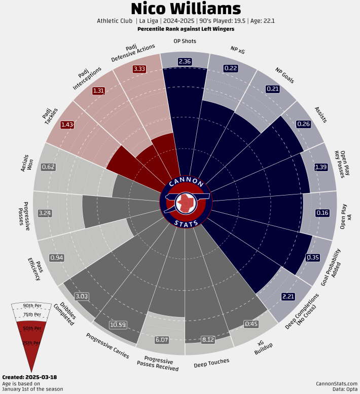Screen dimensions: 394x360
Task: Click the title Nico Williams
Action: click(186, 9)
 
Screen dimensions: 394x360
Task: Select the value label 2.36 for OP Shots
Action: click(185, 61)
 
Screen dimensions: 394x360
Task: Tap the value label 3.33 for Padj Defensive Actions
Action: click(139, 69)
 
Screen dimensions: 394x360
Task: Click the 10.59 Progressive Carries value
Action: click(118, 324)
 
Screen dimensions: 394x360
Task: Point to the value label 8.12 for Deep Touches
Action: click(208, 340)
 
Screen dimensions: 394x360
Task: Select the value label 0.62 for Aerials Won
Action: click(49, 167)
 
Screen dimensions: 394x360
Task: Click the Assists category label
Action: click(320, 114)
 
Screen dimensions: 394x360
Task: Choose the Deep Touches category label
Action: click(211, 362)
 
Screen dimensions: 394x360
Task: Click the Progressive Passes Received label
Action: click(158, 364)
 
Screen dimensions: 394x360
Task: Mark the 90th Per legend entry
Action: click(32, 305)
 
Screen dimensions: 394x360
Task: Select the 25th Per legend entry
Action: click(31, 343)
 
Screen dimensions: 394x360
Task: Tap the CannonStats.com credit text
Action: click(336, 383)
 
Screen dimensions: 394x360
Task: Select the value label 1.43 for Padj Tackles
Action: click(66, 125)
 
